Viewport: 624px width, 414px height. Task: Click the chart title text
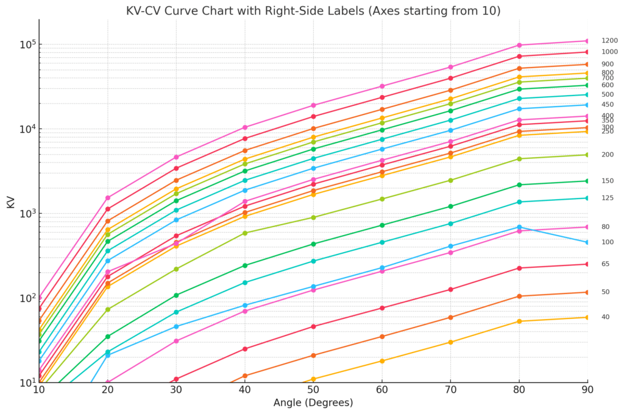point(313,10)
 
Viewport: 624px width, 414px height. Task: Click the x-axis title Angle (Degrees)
point(313,402)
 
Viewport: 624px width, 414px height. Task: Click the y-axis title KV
point(10,202)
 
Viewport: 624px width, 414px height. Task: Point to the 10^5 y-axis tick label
point(27,45)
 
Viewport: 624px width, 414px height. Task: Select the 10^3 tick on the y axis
point(27,214)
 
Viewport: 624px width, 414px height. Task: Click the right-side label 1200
point(609,41)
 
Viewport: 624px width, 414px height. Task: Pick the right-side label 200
point(608,155)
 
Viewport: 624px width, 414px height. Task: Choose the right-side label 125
point(608,198)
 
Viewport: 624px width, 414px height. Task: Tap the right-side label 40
point(606,317)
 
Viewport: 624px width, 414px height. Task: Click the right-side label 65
point(606,264)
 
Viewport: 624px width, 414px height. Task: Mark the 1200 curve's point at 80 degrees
point(519,45)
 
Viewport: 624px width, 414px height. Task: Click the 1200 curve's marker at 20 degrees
point(108,198)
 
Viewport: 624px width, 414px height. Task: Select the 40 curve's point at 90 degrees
point(587,317)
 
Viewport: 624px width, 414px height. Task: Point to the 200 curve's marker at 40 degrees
point(245,233)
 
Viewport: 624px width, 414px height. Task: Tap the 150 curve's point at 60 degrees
point(382,225)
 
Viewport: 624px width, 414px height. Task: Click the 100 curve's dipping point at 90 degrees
point(587,242)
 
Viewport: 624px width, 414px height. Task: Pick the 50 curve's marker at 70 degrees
point(450,317)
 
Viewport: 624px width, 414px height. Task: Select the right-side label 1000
point(609,52)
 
